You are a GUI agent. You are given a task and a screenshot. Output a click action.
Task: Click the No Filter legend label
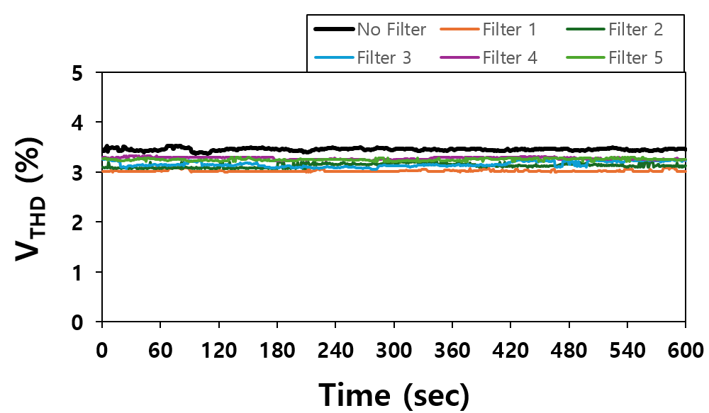(391, 29)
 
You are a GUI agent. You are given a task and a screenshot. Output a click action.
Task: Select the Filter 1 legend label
(509, 29)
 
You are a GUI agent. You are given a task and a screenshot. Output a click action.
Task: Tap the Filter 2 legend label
(635, 29)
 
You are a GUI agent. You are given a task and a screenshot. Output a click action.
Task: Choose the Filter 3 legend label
(384, 57)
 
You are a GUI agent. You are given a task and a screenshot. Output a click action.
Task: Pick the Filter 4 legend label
(510, 57)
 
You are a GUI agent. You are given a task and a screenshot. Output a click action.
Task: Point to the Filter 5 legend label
(635, 57)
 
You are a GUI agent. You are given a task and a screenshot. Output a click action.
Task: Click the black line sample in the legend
(334, 29)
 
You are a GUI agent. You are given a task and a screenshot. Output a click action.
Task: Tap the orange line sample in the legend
(459, 29)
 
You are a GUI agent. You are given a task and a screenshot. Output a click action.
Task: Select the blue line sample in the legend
(334, 57)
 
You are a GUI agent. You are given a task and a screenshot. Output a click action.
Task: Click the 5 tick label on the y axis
(78, 73)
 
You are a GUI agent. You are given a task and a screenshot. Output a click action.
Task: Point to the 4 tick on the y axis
(78, 123)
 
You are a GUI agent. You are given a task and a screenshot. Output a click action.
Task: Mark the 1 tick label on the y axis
(78, 273)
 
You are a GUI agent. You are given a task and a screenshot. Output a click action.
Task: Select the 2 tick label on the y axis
(78, 223)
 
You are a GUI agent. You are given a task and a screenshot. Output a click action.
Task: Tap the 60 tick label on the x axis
(161, 349)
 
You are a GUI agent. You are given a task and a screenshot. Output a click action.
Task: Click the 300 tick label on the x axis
(393, 349)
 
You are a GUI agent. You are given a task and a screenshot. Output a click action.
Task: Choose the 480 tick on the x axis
(569, 349)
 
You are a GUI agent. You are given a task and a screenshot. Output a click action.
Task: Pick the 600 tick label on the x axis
(685, 349)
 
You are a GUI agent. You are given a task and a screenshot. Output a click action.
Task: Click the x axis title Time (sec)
(393, 394)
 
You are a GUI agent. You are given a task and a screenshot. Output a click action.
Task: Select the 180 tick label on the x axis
(277, 349)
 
